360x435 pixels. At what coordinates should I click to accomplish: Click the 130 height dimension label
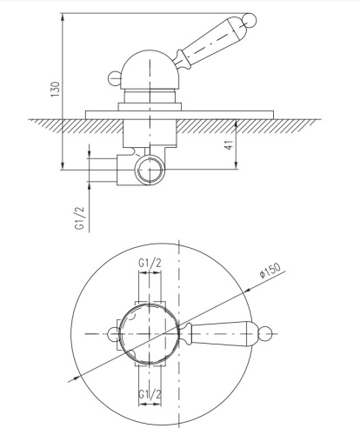pyautogui.click(x=55, y=90)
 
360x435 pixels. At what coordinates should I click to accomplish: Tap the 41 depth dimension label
pyautogui.click(x=229, y=144)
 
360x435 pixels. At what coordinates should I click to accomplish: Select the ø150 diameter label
pyautogui.click(x=270, y=271)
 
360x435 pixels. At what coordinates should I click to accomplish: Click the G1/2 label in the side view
pyautogui.click(x=79, y=217)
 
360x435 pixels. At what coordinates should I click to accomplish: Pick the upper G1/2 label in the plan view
pyautogui.click(x=150, y=264)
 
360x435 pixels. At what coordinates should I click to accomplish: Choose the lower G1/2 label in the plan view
pyautogui.click(x=150, y=394)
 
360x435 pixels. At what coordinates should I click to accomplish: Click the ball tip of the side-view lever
pyautogui.click(x=250, y=21)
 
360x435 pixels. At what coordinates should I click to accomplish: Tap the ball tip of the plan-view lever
pyautogui.click(x=266, y=333)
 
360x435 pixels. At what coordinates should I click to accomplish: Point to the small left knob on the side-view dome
pyautogui.click(x=114, y=78)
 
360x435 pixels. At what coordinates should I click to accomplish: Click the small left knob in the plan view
pyautogui.click(x=112, y=334)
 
